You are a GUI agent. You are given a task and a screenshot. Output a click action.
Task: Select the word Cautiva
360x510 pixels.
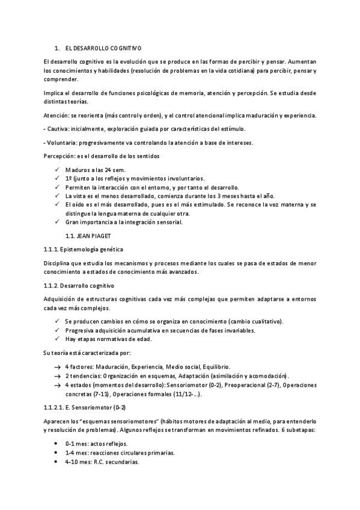point(59,129)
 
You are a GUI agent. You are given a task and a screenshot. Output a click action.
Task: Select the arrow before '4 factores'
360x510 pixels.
point(56,367)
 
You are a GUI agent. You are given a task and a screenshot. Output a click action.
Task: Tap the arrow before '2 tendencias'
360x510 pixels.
point(56,375)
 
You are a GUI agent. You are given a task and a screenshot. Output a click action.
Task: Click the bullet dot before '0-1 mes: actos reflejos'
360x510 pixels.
point(56,443)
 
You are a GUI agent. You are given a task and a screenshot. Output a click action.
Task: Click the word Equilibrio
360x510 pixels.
point(214,367)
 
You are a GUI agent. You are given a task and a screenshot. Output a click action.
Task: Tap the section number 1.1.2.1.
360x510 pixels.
point(57,407)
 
